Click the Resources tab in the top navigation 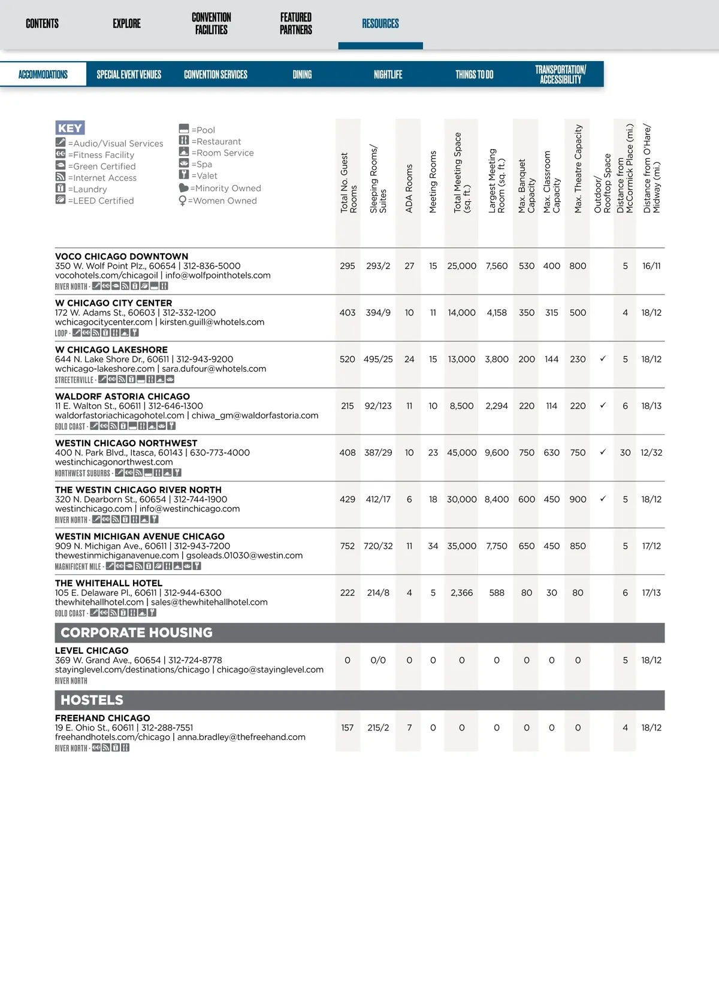(380, 24)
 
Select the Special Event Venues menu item (129, 75)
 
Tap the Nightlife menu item (388, 75)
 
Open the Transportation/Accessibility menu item (560, 75)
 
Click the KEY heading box (70, 128)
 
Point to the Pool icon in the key (184, 129)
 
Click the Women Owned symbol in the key (183, 201)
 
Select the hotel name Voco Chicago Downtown (122, 256)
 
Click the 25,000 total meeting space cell (461, 266)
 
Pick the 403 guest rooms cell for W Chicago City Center (348, 313)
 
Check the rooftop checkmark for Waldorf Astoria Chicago (603, 405)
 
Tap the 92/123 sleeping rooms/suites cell (378, 406)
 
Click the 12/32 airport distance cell (651, 453)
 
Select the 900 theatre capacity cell (578, 499)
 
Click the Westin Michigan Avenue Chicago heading (140, 537)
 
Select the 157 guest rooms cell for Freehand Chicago (348, 728)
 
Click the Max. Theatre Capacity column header (578, 169)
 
